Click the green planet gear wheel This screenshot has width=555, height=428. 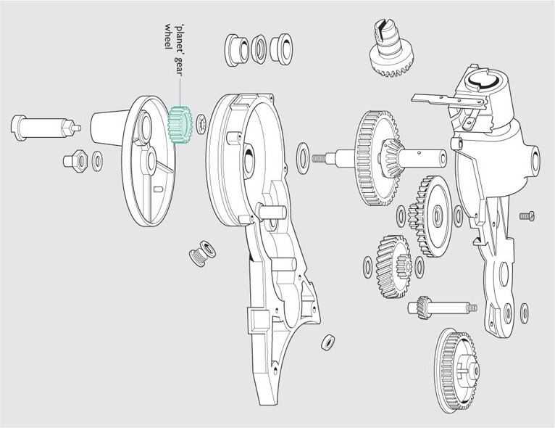179,125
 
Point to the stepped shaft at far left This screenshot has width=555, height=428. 40,128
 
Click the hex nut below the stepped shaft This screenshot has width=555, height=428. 76,160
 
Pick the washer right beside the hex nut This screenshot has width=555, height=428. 97,161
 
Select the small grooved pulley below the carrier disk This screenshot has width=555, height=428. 201,254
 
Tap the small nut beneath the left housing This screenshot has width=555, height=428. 327,340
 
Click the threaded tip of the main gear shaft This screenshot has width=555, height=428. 319,157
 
